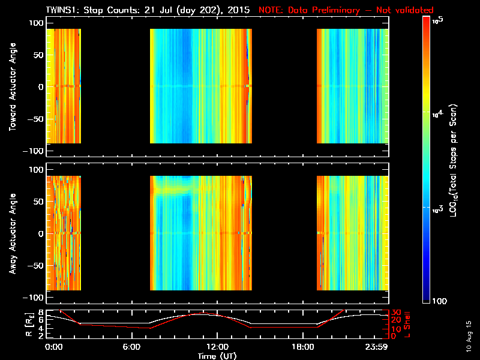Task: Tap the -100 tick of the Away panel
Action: click(x=31, y=298)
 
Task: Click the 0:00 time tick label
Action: click(x=54, y=347)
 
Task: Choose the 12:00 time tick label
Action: click(x=216, y=347)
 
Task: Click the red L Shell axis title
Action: click(x=408, y=324)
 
